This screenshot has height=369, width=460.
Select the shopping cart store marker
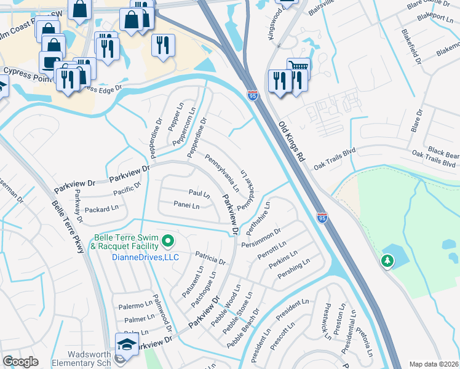(x=298, y=67)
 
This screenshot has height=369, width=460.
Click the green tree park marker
(x=387, y=262)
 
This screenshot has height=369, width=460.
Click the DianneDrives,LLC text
(x=145, y=257)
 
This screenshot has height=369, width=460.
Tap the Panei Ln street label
(x=186, y=205)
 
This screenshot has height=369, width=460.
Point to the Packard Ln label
(x=101, y=209)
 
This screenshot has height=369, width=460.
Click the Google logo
(x=21, y=362)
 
